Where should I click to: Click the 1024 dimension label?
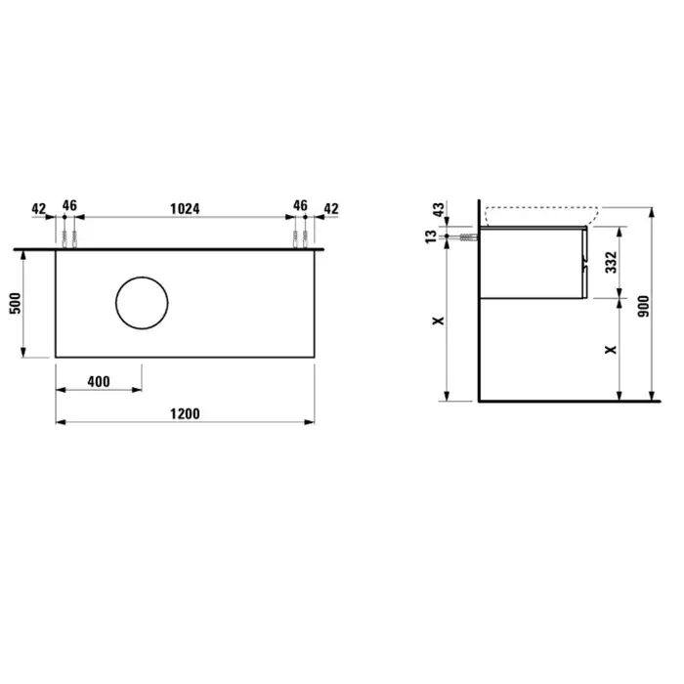(x=185, y=209)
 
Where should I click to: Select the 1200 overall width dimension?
(x=185, y=413)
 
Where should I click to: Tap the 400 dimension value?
(x=99, y=382)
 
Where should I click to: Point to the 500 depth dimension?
(x=16, y=303)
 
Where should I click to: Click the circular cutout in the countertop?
(x=142, y=277)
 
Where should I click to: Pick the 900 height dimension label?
(x=643, y=306)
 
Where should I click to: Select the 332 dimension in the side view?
(x=611, y=262)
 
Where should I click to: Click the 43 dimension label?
(x=439, y=210)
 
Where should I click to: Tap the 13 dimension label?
(x=431, y=236)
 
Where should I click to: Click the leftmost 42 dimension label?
(x=39, y=209)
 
